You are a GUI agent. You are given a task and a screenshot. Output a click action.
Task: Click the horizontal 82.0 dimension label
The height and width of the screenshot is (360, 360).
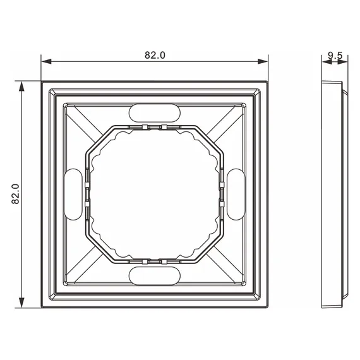point(155,55)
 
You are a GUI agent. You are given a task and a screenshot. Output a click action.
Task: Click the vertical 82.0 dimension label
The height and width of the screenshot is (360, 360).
point(15,194)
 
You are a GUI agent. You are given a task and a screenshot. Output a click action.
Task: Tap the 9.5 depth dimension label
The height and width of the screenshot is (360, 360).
point(335,56)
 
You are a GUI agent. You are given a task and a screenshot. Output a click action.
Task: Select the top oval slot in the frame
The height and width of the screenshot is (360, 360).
point(155,113)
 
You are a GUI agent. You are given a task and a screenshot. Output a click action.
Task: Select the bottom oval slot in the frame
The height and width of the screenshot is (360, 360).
point(155,276)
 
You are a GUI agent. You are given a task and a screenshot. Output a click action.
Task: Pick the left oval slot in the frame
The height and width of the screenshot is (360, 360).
point(73,195)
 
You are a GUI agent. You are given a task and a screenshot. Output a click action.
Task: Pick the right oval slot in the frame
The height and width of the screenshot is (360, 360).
point(236,195)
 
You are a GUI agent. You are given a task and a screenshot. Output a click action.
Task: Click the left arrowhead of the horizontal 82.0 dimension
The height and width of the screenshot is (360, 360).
point(46,61)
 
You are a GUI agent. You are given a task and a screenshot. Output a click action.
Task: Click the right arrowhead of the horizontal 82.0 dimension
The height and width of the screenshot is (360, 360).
point(263,61)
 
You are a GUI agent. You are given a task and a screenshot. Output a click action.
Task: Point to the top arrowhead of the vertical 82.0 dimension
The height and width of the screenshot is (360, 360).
point(21,87)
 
